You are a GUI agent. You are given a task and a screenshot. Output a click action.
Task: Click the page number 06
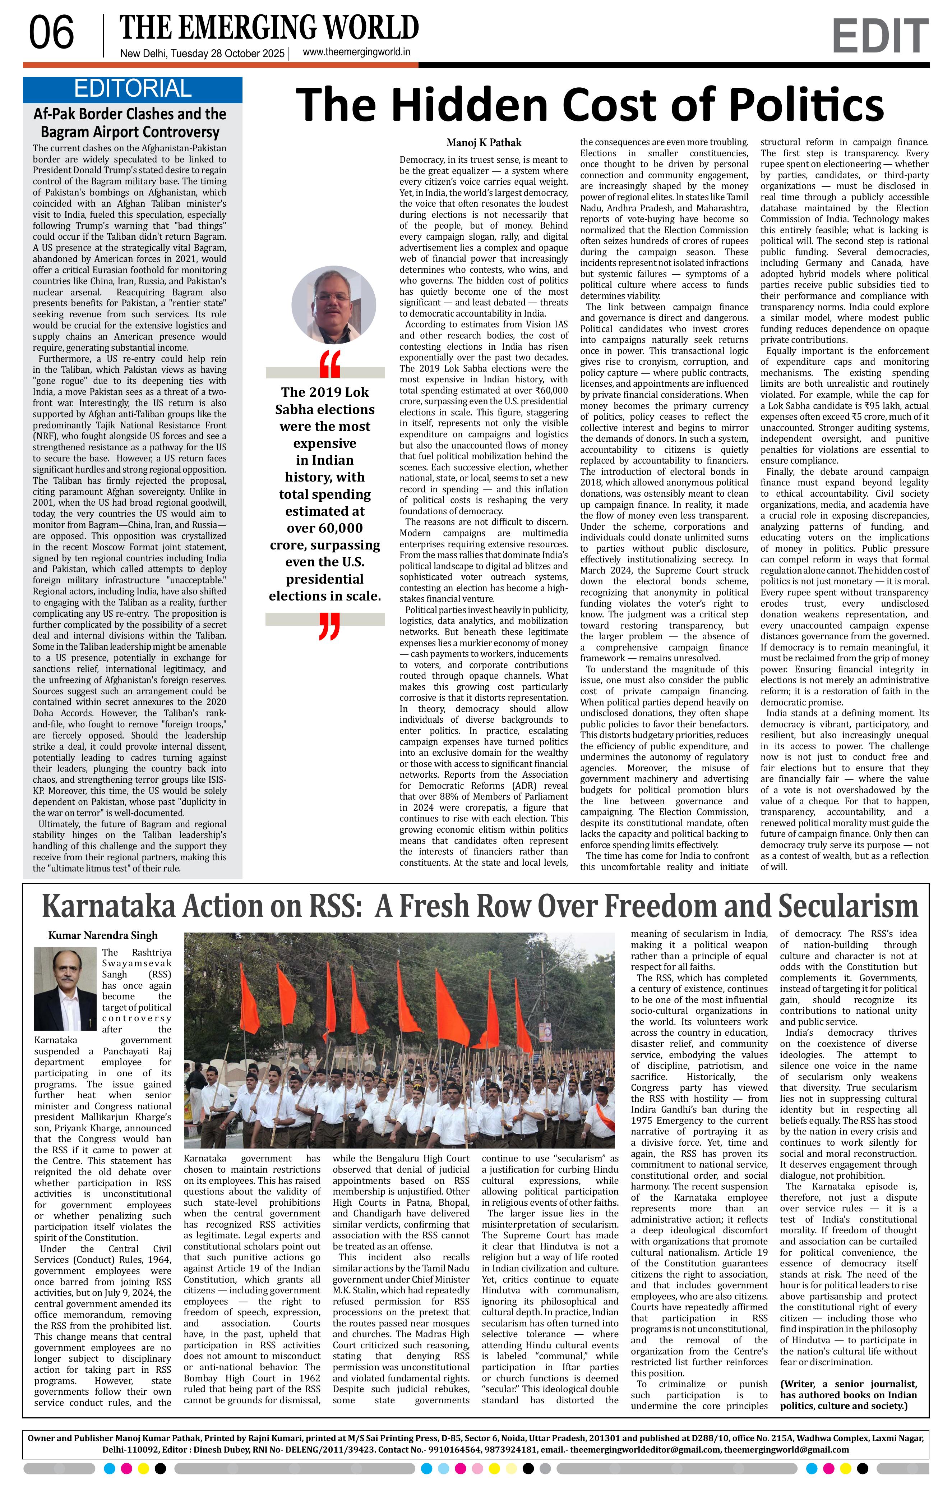pyautogui.click(x=52, y=34)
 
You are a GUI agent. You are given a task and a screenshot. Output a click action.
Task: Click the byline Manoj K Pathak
pyautogui.click(x=484, y=143)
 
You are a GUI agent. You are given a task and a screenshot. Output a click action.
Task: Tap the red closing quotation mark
pyautogui.click(x=329, y=626)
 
